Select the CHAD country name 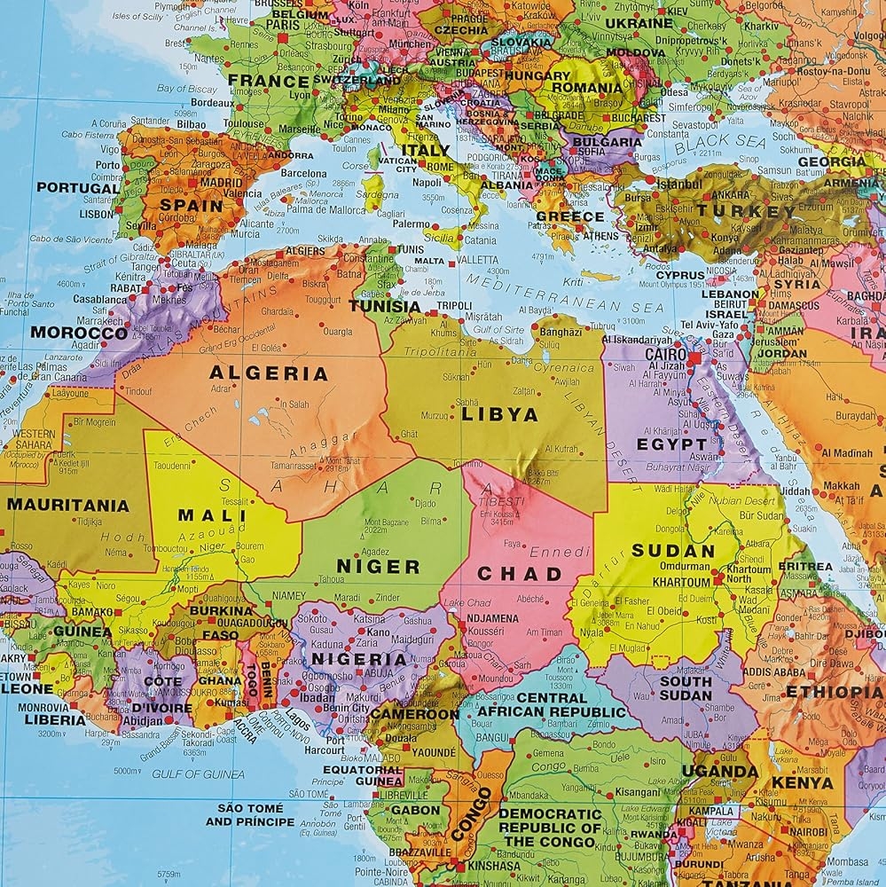(x=520, y=574)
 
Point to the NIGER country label (x=378, y=566)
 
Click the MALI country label (x=212, y=514)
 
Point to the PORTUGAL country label (x=78, y=188)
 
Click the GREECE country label (x=570, y=216)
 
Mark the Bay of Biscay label (x=188, y=89)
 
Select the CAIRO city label (x=667, y=353)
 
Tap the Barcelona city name (x=304, y=174)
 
